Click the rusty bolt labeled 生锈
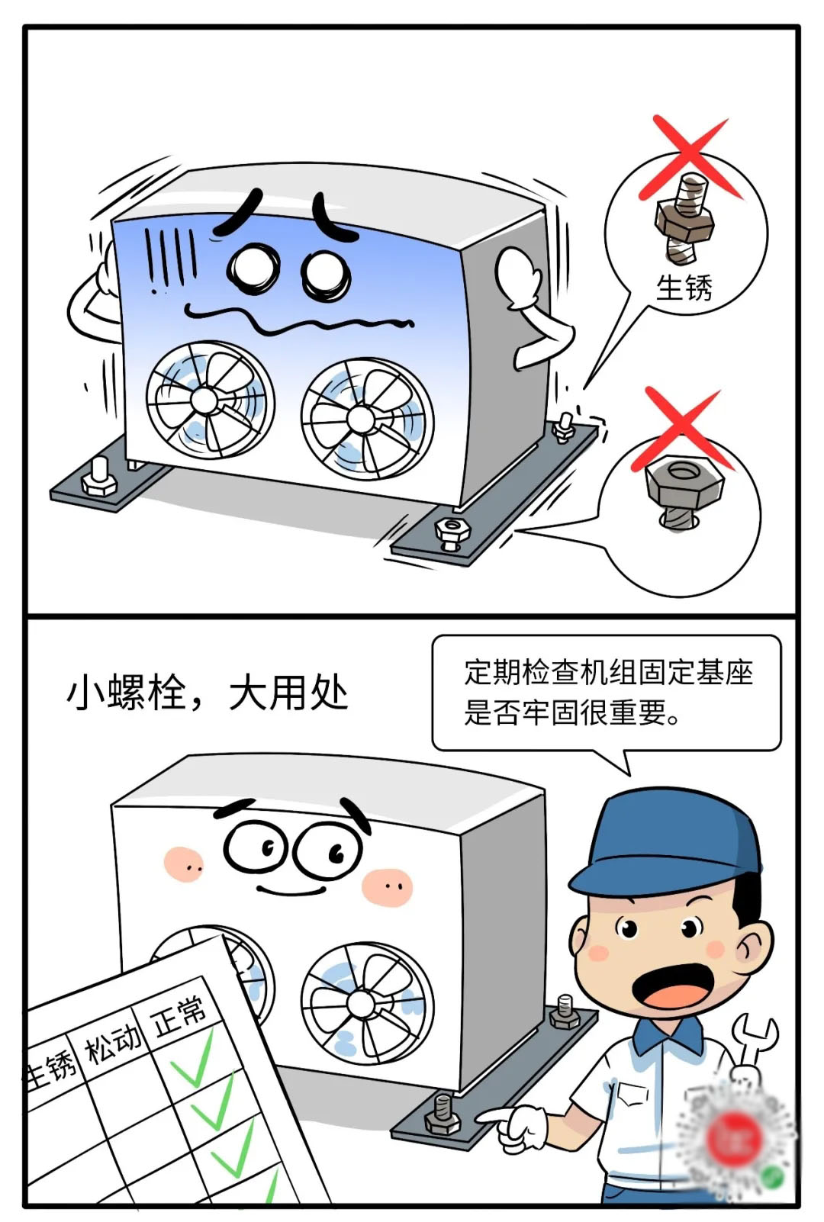(x=684, y=218)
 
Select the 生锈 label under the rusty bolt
(x=684, y=288)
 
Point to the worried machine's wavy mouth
(x=298, y=320)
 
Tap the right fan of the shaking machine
(x=367, y=419)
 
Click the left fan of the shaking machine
(x=210, y=400)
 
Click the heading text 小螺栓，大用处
(x=208, y=694)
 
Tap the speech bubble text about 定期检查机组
(x=608, y=692)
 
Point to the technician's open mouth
(x=673, y=986)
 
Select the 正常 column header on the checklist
(x=179, y=1015)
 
